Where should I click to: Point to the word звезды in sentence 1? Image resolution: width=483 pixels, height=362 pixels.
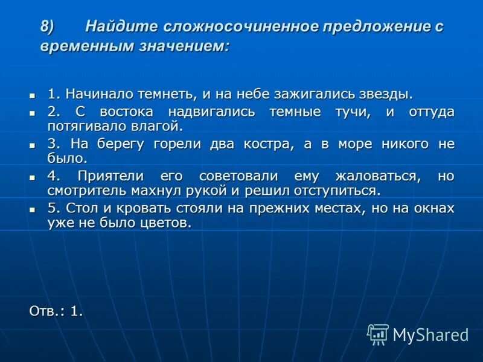(389, 94)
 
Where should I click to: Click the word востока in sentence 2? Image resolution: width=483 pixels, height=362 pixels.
(127, 112)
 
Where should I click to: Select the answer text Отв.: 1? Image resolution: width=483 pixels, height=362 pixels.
(56, 311)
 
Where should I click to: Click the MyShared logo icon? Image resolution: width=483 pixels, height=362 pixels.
(378, 334)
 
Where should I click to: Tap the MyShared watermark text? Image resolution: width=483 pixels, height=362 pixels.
(430, 335)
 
